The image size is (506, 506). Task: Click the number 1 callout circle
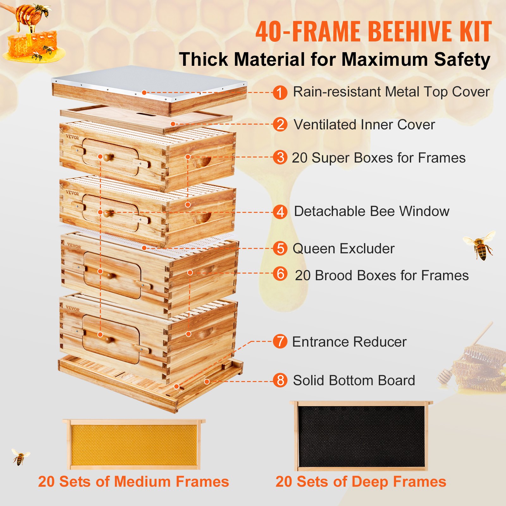[x=280, y=93]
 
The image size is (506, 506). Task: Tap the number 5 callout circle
[x=280, y=248]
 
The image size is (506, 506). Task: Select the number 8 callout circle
[x=280, y=380]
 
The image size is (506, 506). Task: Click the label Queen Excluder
[x=343, y=249]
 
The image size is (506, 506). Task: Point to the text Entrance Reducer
[x=349, y=342]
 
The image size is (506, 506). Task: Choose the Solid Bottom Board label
[x=354, y=380]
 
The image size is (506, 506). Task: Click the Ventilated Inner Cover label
[x=364, y=125]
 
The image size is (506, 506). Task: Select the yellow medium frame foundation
[x=134, y=445]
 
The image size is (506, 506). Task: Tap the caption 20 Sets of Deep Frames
[x=361, y=482]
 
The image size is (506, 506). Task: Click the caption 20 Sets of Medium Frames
[x=133, y=482]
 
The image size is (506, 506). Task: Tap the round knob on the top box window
[x=108, y=157]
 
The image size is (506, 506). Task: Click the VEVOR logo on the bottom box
[x=72, y=308]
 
